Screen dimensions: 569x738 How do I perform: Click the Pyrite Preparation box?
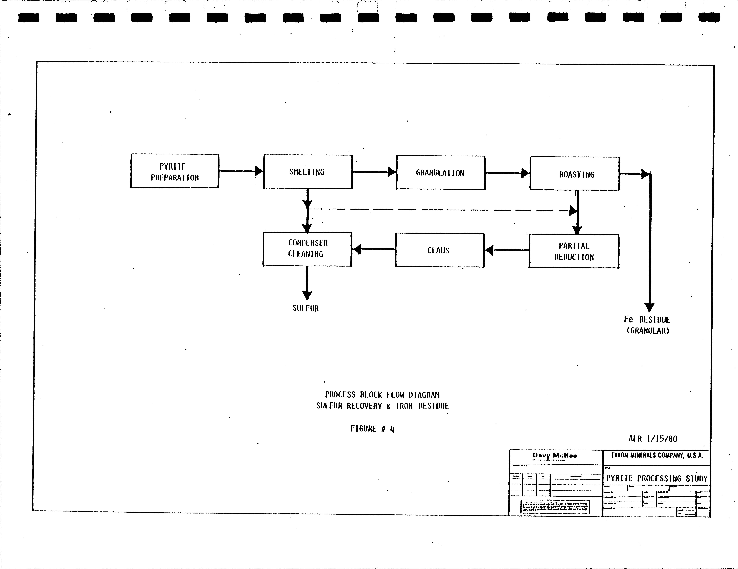coord(175,171)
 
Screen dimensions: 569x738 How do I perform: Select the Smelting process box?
coord(307,172)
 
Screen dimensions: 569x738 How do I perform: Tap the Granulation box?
coord(440,173)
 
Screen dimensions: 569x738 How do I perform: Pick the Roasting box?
coord(574,174)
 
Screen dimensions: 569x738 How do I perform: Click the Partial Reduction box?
coord(574,251)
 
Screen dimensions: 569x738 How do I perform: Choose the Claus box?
coord(439,250)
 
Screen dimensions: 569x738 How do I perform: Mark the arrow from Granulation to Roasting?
coord(507,173)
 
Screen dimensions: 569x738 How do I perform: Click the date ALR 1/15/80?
coord(652,439)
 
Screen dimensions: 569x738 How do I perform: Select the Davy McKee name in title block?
coord(555,455)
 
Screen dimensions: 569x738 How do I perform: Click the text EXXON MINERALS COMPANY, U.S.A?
coord(657,455)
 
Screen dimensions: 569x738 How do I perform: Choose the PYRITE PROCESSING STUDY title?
coord(657,478)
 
